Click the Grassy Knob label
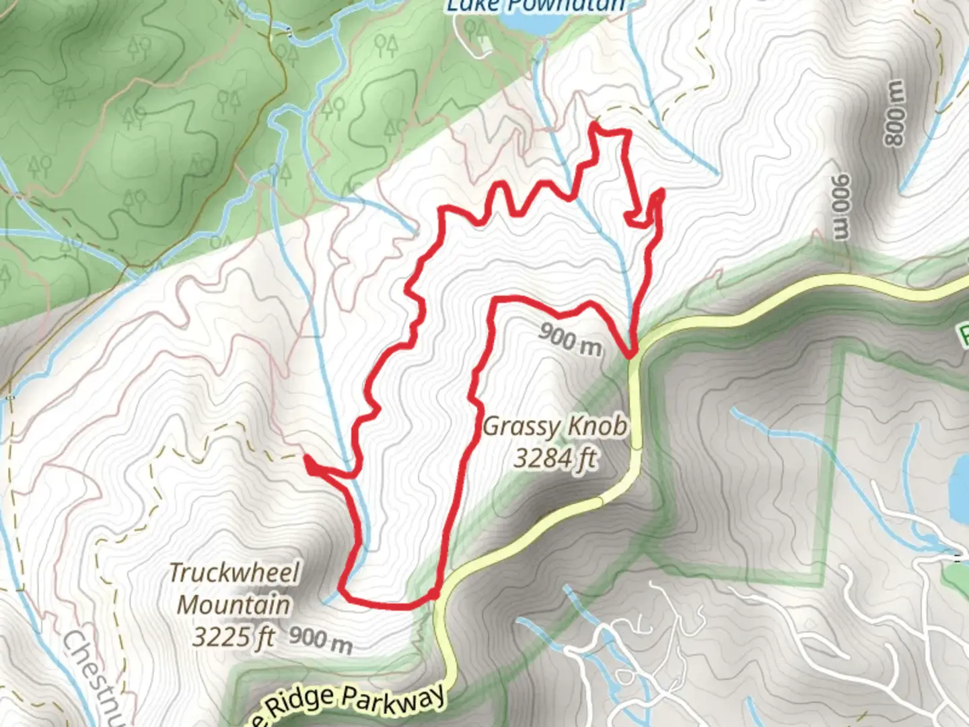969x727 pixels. [x=554, y=426]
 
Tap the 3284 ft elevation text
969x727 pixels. [x=554, y=458]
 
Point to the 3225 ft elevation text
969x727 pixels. [x=234, y=635]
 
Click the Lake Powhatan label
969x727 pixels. [x=536, y=7]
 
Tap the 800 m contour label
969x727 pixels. [x=895, y=113]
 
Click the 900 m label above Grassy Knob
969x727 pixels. [x=569, y=338]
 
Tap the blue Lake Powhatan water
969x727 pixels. [x=532, y=24]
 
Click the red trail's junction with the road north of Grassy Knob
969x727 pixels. [x=631, y=354]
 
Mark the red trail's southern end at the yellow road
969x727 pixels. [x=435, y=593]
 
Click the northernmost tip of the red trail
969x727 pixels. [x=596, y=124]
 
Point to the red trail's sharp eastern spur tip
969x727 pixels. [x=661, y=192]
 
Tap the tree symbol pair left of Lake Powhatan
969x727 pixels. [x=386, y=46]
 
